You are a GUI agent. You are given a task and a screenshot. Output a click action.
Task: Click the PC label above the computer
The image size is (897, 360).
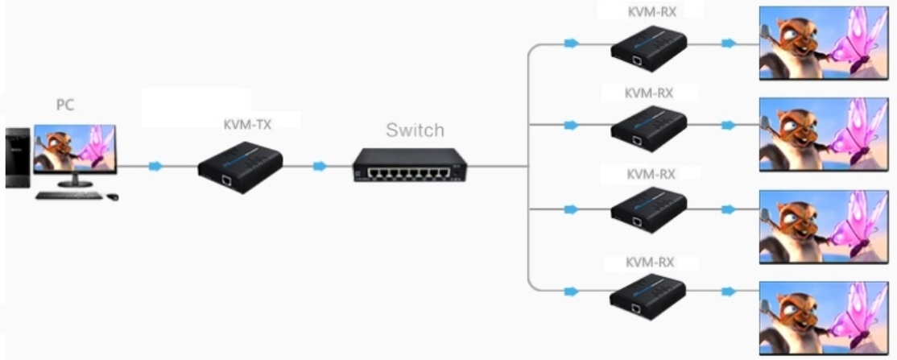65,106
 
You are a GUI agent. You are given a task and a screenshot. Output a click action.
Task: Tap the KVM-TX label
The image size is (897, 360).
247,125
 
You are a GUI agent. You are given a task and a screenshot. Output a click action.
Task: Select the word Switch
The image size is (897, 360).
415,130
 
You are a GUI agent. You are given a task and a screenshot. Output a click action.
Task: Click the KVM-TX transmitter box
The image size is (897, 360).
241,164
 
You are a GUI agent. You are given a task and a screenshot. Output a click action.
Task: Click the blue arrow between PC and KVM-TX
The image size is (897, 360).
155,166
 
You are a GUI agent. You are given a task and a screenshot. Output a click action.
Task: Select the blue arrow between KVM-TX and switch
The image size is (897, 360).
320,166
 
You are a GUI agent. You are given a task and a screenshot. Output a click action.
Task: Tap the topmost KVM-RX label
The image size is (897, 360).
648,11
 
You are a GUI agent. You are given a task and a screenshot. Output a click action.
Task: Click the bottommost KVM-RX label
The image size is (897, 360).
649,263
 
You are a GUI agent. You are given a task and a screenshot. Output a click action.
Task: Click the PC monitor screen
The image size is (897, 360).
75,148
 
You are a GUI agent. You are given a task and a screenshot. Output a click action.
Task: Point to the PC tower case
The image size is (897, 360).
17,157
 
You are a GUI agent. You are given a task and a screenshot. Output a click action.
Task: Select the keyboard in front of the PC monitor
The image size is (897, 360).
69,195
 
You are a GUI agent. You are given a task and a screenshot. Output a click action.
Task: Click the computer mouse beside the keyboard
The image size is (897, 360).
113,196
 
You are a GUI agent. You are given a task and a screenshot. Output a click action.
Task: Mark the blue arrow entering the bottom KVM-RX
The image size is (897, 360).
571,291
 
